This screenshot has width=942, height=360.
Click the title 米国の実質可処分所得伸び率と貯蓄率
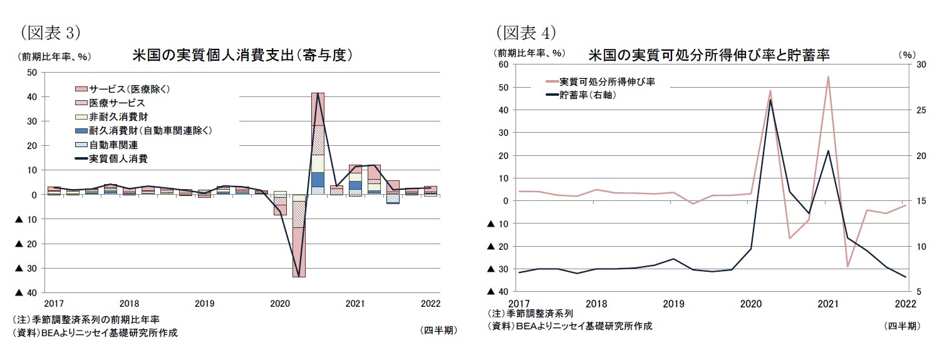click(x=709, y=55)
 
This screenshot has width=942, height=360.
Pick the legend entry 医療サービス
click(x=117, y=103)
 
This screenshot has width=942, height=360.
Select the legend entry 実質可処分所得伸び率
click(x=606, y=81)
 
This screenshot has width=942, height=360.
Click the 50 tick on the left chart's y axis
click(x=32, y=72)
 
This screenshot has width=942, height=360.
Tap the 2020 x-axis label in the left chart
click(x=280, y=304)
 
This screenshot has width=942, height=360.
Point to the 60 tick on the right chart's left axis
click(x=502, y=64)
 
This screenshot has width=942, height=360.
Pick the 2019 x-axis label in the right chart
click(x=673, y=304)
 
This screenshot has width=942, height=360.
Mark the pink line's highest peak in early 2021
click(x=828, y=77)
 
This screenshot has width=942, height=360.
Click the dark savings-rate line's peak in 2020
click(x=770, y=100)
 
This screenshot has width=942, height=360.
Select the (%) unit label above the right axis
click(x=907, y=55)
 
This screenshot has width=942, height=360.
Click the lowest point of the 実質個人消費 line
click(x=299, y=275)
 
